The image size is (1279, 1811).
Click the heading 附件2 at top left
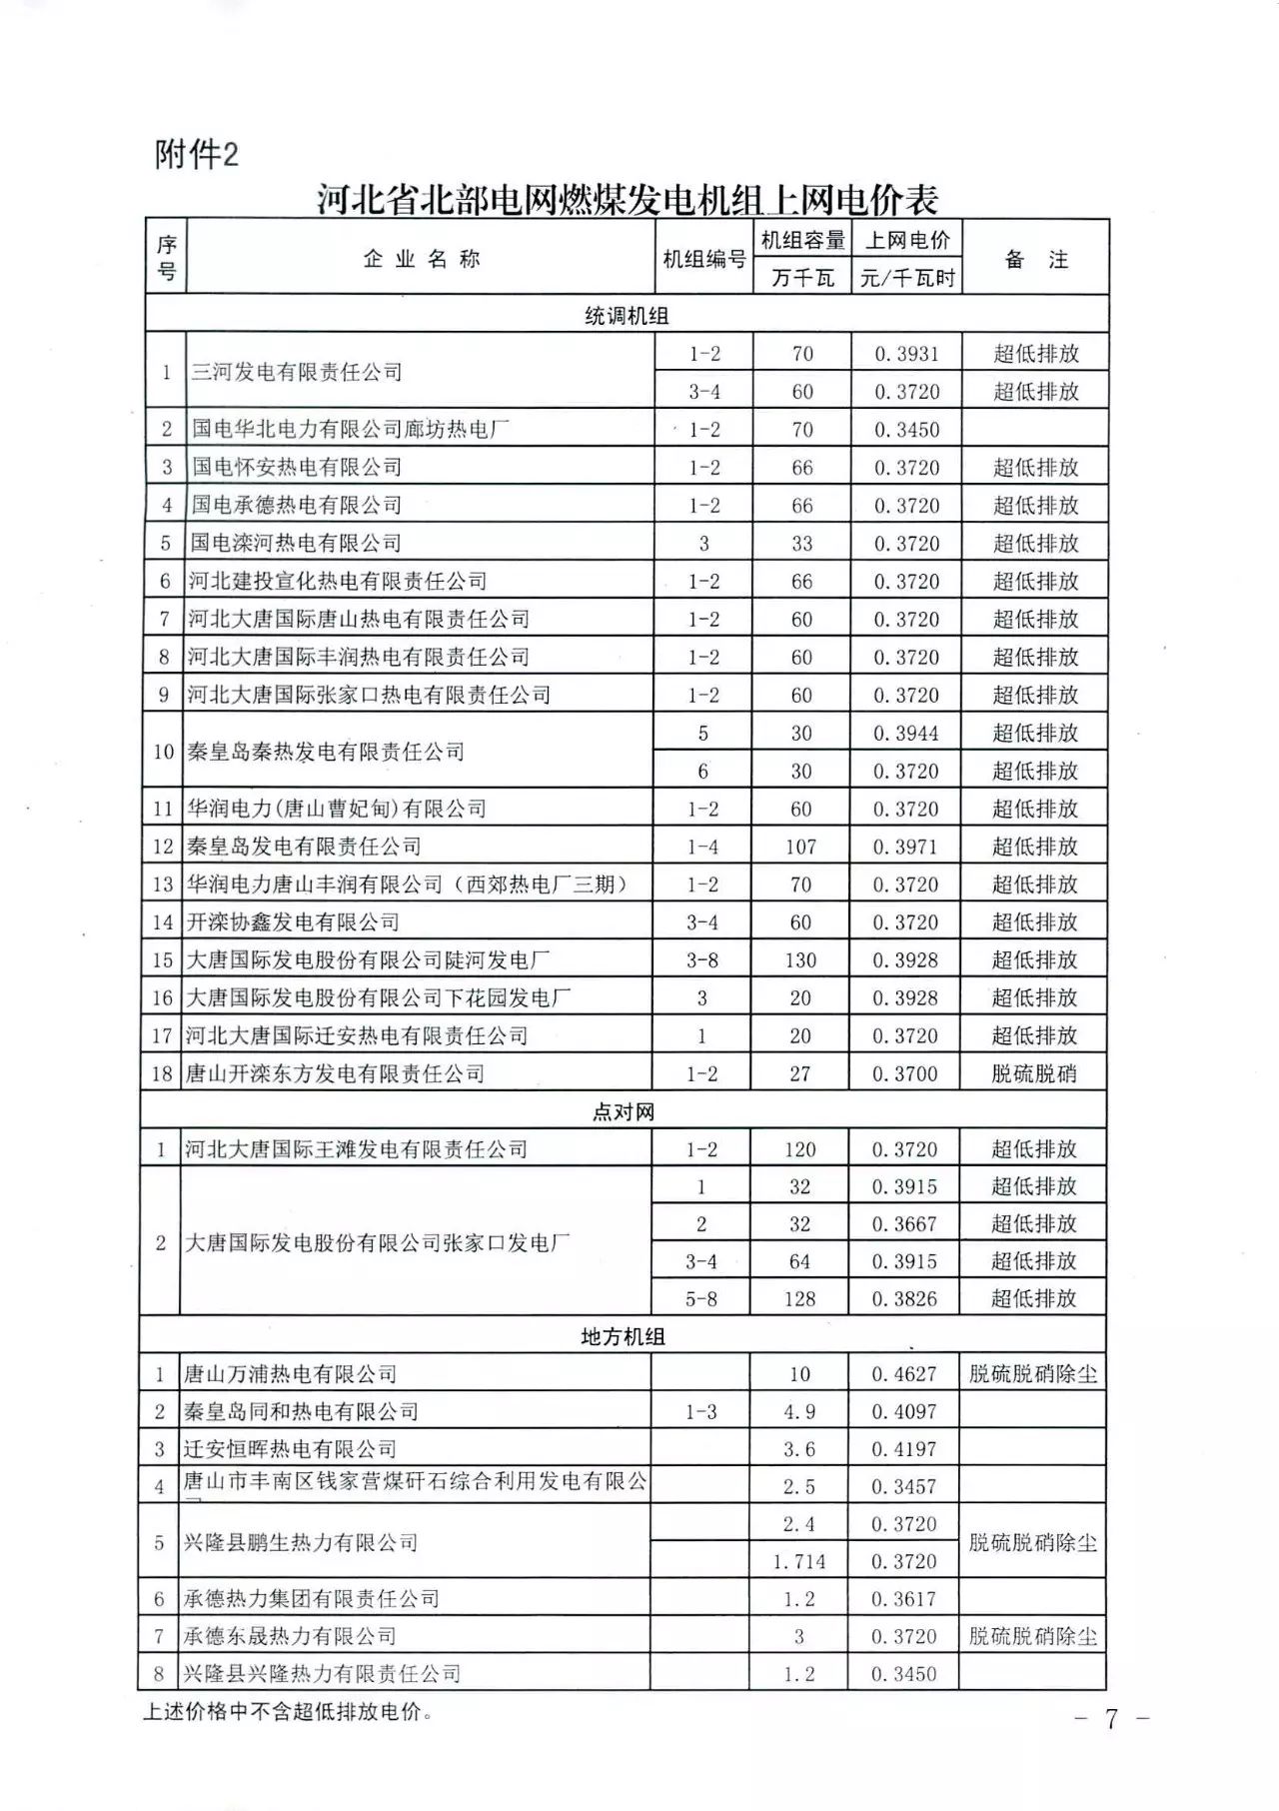click(x=197, y=155)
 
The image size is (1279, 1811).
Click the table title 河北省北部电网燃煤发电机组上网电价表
click(x=628, y=199)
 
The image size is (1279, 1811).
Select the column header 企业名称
click(x=421, y=259)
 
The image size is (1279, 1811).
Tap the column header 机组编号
click(x=704, y=259)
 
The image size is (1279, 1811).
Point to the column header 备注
click(x=1035, y=259)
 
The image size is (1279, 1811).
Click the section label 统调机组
click(x=627, y=316)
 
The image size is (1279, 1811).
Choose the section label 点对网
click(x=623, y=1111)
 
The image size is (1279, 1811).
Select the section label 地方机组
click(x=623, y=1336)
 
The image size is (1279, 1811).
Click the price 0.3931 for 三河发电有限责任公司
click(x=906, y=354)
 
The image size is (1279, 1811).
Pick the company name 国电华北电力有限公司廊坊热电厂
click(x=351, y=430)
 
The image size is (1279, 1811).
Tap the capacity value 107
click(x=800, y=847)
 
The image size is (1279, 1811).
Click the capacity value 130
click(x=800, y=960)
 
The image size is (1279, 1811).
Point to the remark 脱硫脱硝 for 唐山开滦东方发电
click(x=1033, y=1074)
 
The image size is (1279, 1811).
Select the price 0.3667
click(x=904, y=1224)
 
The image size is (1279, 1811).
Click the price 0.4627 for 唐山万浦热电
click(x=904, y=1374)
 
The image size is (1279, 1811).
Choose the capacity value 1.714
click(x=799, y=1561)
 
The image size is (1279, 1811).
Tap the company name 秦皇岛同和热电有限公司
click(x=300, y=1411)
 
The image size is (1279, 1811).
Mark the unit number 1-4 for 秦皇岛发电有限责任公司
click(x=702, y=847)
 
